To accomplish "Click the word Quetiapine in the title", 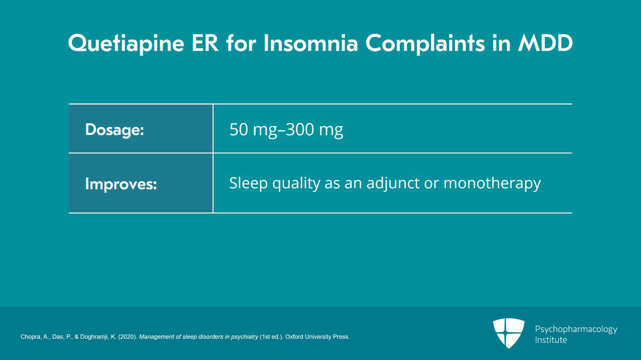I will pos(126,43).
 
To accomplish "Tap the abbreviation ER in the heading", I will pos(205,43).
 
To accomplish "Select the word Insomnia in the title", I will pos(310,43).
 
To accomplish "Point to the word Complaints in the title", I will pos(425,43).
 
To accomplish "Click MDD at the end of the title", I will pos(545,43).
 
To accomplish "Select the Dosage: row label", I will pos(114,130).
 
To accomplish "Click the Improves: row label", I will pos(121,184).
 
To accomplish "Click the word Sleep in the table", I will pos(248,183).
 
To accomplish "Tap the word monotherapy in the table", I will pos(492,183).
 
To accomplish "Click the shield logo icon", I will pos(508,333).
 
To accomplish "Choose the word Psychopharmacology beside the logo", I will pos(576,329).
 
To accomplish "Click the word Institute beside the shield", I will pos(551,340).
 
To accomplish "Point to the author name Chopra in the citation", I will pos(30,337).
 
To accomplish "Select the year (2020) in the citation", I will pos(127,337).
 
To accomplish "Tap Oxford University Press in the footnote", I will pos(317,337).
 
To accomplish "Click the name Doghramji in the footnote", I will pos(95,337).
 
